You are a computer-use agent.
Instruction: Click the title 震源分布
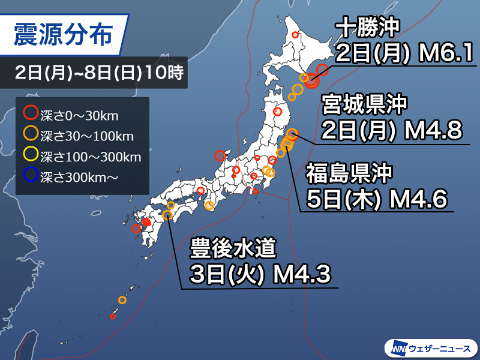[62, 35]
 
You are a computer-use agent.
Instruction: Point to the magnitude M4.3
[301, 275]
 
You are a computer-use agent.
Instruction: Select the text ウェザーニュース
[440, 347]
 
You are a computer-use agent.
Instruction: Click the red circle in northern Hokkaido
[295, 35]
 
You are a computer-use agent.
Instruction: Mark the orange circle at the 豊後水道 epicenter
[168, 216]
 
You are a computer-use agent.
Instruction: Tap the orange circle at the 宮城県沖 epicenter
[292, 134]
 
